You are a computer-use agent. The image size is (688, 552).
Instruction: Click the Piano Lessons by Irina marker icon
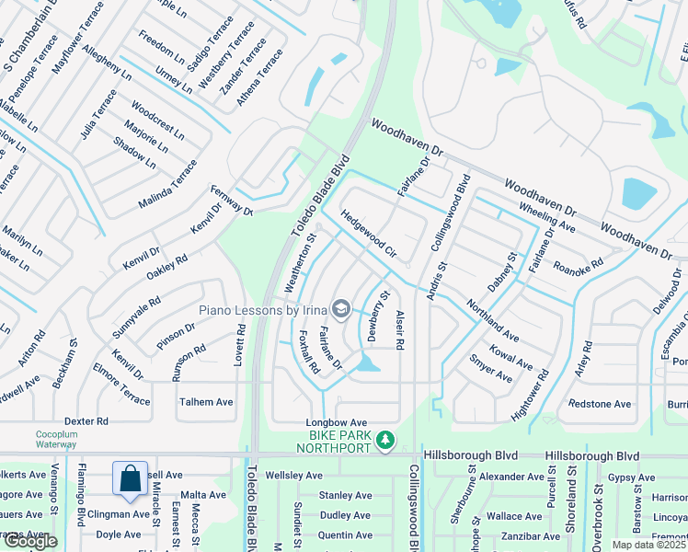(x=341, y=308)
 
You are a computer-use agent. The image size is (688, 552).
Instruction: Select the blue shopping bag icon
(x=130, y=478)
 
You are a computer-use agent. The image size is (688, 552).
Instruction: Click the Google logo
(x=30, y=541)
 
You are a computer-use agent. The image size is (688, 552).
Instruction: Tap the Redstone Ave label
(x=600, y=404)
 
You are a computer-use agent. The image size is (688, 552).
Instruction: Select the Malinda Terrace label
(x=167, y=185)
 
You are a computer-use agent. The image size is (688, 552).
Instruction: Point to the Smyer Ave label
(x=490, y=368)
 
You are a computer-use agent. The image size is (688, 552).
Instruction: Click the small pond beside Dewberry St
(x=368, y=364)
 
